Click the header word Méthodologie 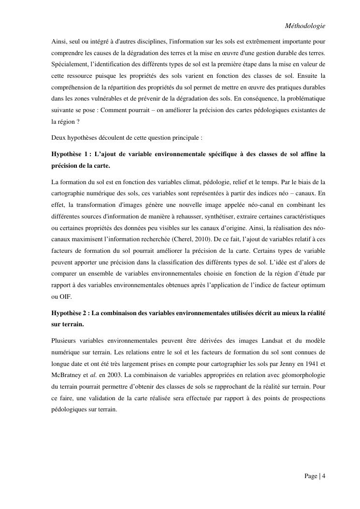click(305, 25)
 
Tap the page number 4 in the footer click(323, 476)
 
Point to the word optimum click(314, 285)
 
